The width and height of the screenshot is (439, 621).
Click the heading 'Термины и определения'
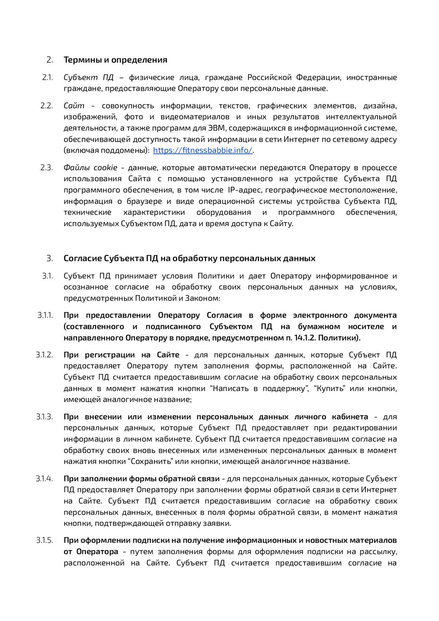[x=115, y=60]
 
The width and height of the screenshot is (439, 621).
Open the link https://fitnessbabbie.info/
[x=203, y=150]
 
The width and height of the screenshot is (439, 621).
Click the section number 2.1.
[x=48, y=77]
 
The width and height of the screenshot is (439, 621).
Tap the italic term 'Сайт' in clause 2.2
[x=74, y=106]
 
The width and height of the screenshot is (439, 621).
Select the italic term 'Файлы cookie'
[x=90, y=168]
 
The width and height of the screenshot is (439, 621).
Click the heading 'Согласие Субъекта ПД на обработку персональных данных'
[x=189, y=258]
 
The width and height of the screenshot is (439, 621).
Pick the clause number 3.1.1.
[x=45, y=315]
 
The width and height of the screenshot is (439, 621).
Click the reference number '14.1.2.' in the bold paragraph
[x=305, y=338]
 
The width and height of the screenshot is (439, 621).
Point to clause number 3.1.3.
[x=45, y=417]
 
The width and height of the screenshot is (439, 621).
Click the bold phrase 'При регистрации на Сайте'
[x=121, y=354]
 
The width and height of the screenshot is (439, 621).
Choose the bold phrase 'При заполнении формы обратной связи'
[x=142, y=479]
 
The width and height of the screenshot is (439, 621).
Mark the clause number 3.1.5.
[x=45, y=540]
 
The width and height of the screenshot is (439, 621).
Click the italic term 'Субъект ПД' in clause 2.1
[x=89, y=77]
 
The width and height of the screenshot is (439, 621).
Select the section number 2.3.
[x=47, y=168]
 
